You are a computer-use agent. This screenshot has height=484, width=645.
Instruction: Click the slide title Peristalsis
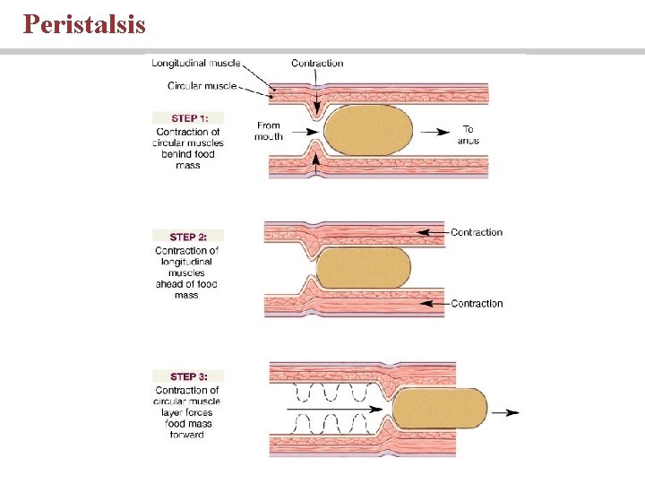84,23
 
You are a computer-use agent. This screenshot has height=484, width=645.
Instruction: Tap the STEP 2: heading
188,237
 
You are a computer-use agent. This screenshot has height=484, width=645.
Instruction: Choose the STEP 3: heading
188,376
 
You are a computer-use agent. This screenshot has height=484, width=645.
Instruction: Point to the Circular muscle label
202,86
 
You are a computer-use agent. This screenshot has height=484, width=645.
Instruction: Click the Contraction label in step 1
317,63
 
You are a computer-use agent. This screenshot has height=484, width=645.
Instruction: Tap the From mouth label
269,131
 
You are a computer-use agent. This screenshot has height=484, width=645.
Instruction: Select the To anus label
468,134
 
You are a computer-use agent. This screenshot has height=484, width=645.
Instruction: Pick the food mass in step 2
363,268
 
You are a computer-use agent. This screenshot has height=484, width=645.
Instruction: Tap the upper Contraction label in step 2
477,232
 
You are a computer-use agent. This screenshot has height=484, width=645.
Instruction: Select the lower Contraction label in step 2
477,304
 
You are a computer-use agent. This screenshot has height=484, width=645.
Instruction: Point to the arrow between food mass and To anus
437,132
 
